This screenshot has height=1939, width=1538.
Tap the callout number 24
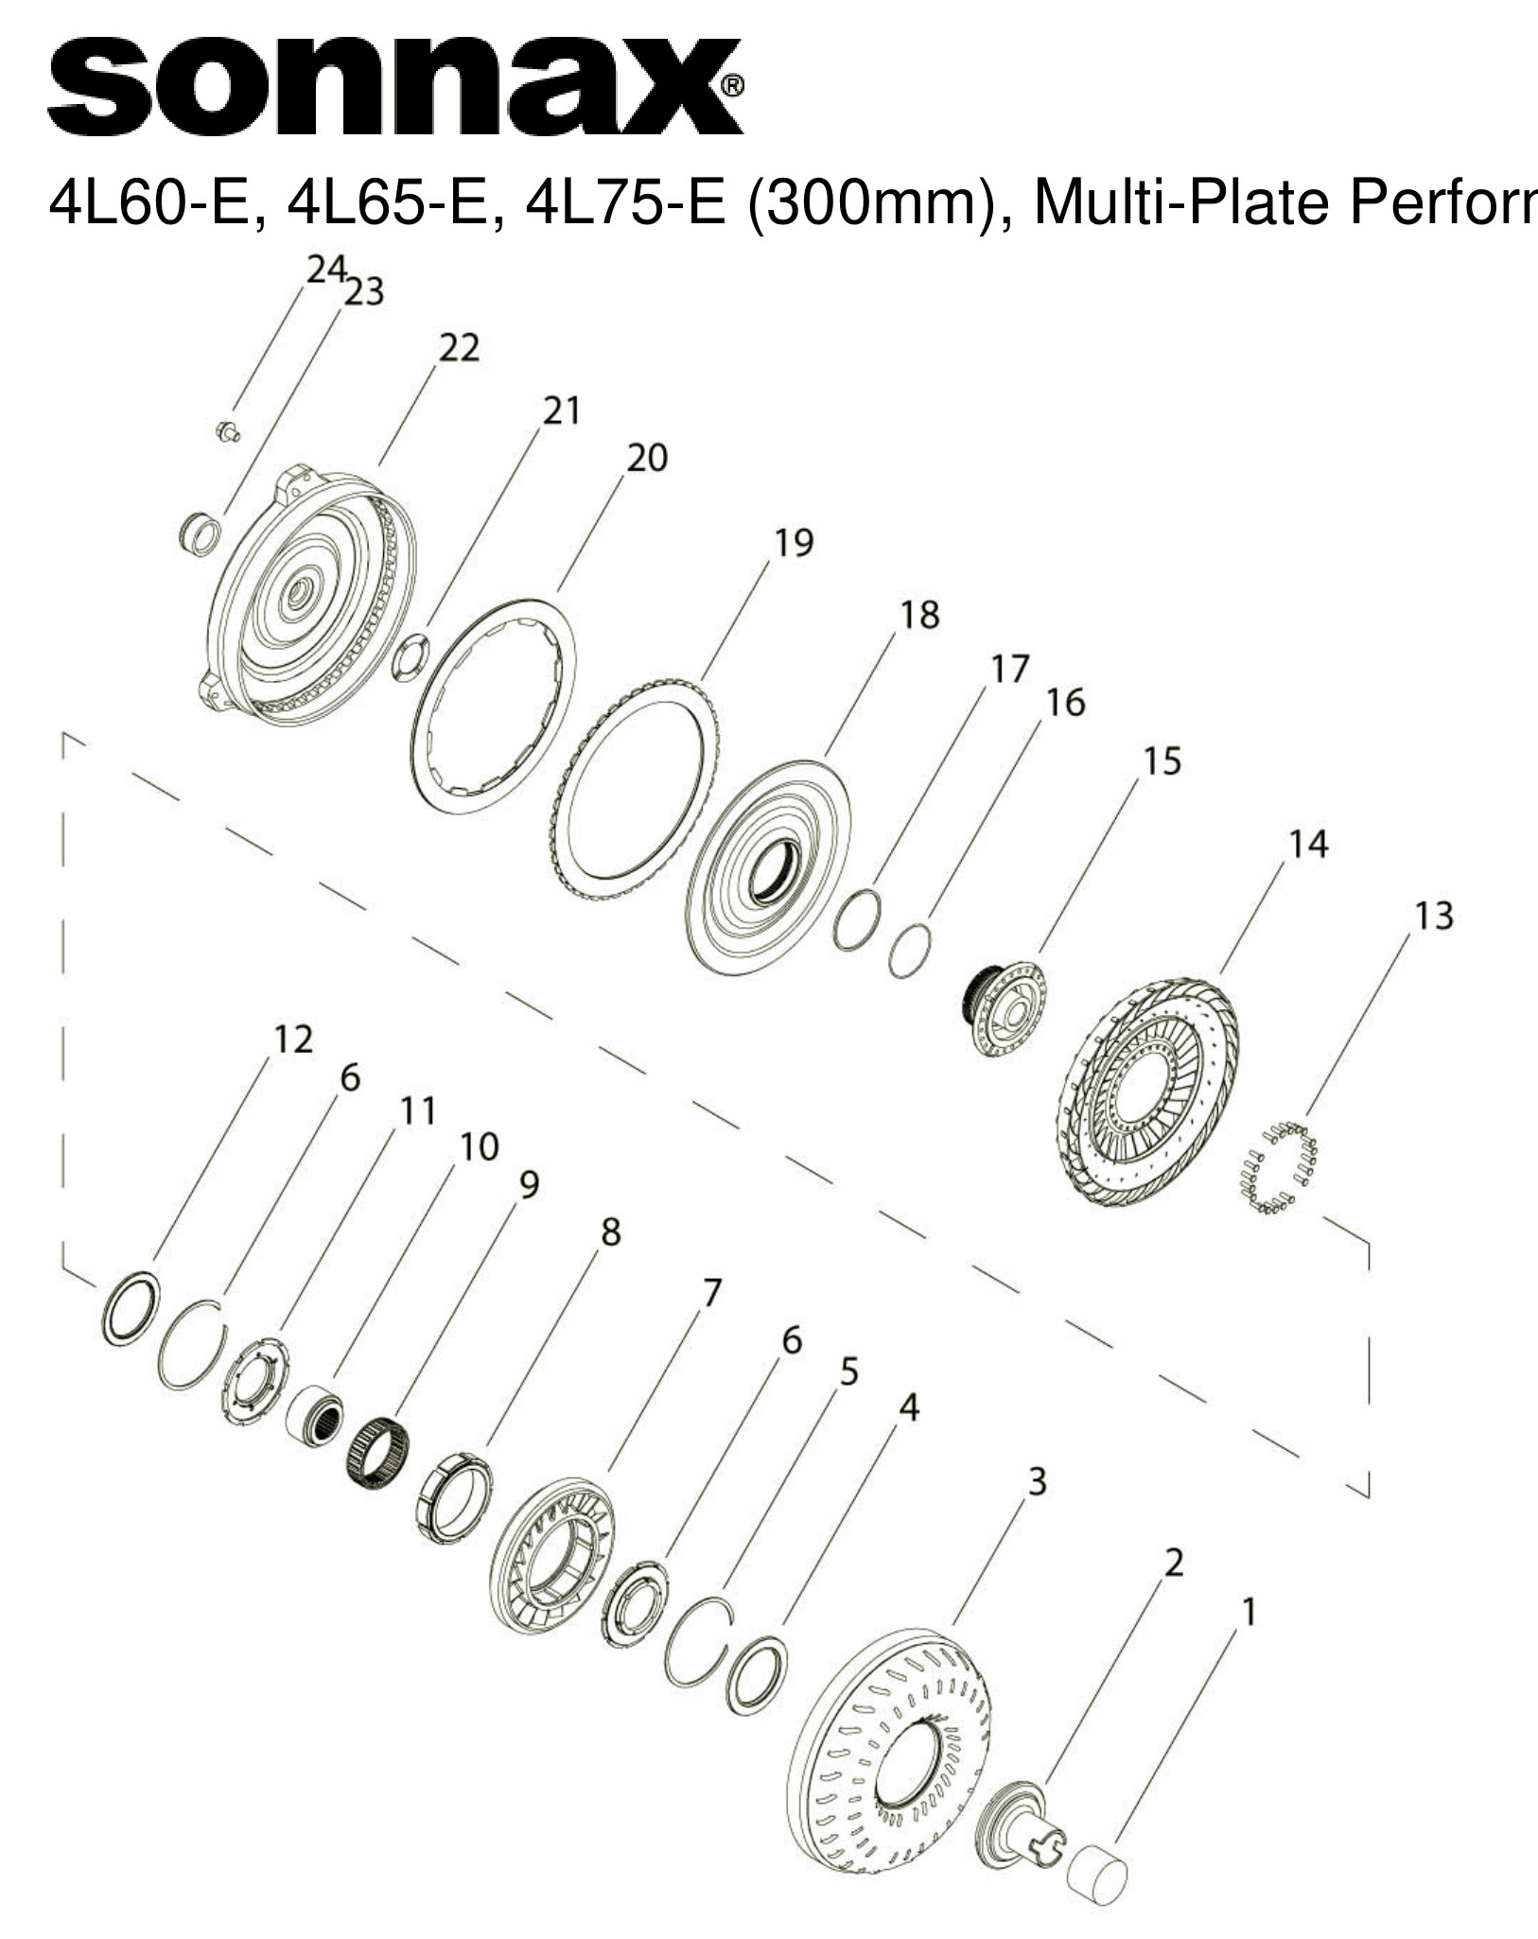[x=326, y=271]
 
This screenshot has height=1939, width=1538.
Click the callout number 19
[x=793, y=543]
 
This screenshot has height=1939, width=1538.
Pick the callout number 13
[x=1433, y=916]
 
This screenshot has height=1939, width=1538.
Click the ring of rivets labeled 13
[x=1279, y=1166]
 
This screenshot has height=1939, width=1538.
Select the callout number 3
[x=1037, y=1481]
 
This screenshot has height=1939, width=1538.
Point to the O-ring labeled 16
[x=910, y=951]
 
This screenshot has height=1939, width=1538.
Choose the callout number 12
[x=292, y=1039]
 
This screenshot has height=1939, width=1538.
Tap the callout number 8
[x=611, y=1232]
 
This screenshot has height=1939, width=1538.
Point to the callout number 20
[x=647, y=458]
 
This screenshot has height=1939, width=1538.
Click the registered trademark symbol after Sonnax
[x=733, y=87]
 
